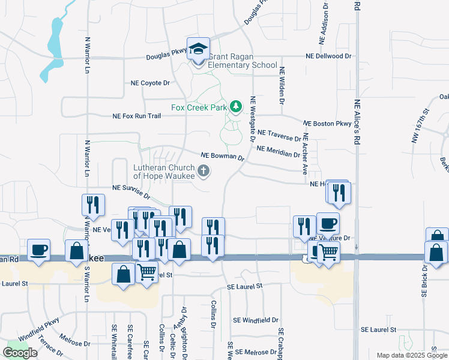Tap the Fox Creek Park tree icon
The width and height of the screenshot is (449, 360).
pyautogui.click(x=237, y=106)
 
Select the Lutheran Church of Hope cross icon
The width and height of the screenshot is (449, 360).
pyautogui.click(x=203, y=172)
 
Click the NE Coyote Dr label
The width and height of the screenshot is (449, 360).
pyautogui.click(x=150, y=83)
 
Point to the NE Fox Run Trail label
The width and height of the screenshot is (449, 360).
pyautogui.click(x=137, y=116)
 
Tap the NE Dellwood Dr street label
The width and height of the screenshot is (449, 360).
pyautogui.click(x=328, y=56)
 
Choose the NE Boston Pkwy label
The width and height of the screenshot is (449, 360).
pyautogui.click(x=327, y=123)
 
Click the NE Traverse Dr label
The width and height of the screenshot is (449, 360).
pyautogui.click(x=279, y=134)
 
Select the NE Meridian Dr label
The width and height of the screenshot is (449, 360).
pyautogui.click(x=278, y=151)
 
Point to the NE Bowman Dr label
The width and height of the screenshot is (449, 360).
pyautogui.click(x=222, y=156)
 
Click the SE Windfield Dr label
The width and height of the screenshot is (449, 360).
pyautogui.click(x=253, y=320)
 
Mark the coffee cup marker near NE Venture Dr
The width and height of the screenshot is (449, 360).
pyautogui.click(x=328, y=224)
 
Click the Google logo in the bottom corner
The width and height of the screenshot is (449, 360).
pyautogui.click(x=20, y=353)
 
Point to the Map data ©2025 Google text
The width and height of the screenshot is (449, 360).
pyautogui.click(x=412, y=355)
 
